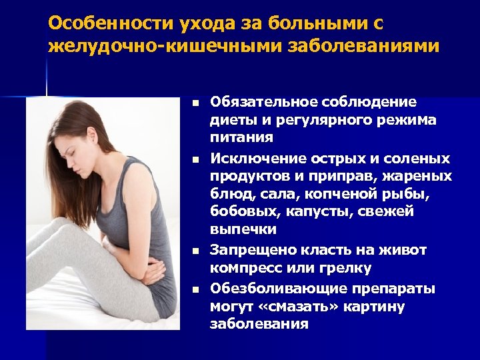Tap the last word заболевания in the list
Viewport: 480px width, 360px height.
tap(259, 325)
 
